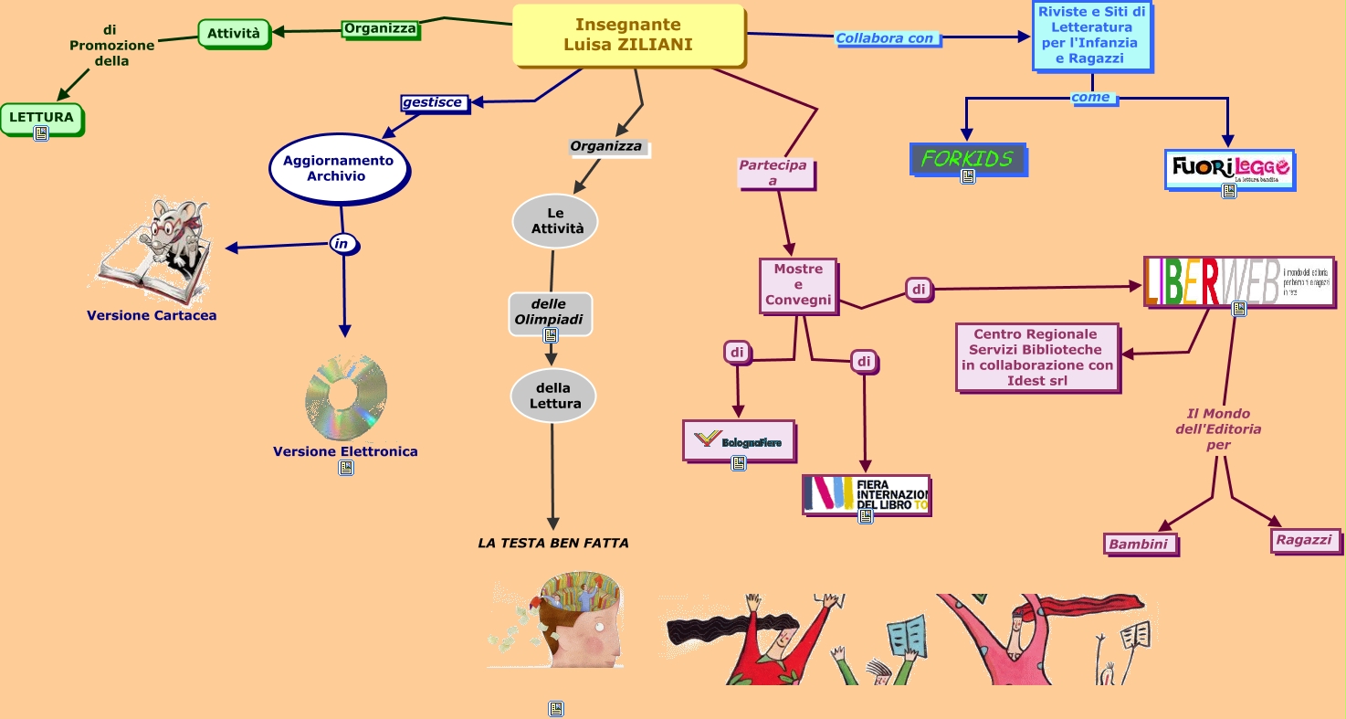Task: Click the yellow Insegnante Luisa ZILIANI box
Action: pos(628,35)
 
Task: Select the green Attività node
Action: pos(234,34)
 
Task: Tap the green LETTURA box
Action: pos(41,118)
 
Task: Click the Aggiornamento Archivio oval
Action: pos(338,168)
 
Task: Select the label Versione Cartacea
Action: pos(152,316)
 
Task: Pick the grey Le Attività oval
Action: pos(555,221)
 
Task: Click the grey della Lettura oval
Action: pos(553,397)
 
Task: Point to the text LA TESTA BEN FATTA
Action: pos(553,543)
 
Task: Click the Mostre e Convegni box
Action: pos(798,285)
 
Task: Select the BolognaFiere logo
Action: pos(738,441)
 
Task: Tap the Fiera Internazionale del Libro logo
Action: pos(865,494)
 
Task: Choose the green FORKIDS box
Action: pos(968,159)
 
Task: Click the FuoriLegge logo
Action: pos(1229,169)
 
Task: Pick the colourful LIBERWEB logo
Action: pos(1237,281)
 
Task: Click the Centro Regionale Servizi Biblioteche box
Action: pos(1037,357)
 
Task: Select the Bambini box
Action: pos(1139,545)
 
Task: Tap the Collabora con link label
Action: pos(885,38)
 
